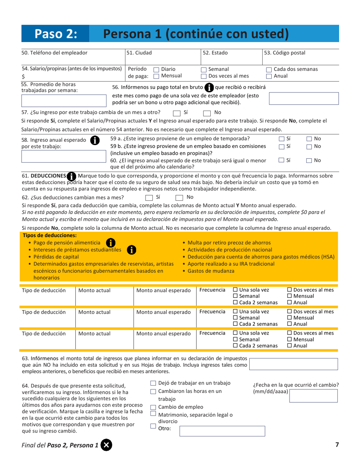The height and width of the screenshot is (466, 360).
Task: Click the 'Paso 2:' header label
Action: pyautogui.click(x=56, y=34)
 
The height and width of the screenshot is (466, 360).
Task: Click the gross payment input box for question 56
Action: pyautogui.click(x=303, y=99)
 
